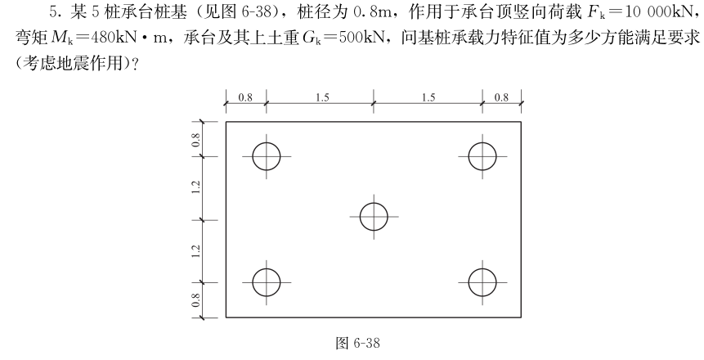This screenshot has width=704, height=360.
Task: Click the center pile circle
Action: [374, 217]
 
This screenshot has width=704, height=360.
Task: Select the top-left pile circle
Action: [267, 155]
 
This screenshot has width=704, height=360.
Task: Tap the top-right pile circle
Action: [482, 155]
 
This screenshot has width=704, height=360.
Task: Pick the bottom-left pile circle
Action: [267, 281]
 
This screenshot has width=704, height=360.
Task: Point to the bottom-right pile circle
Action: [482, 281]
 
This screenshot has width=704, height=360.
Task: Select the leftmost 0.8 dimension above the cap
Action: [245, 97]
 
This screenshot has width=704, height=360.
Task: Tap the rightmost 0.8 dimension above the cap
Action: [501, 97]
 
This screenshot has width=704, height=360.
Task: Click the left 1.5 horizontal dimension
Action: [321, 97]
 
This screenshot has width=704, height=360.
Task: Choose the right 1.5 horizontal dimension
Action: [428, 97]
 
